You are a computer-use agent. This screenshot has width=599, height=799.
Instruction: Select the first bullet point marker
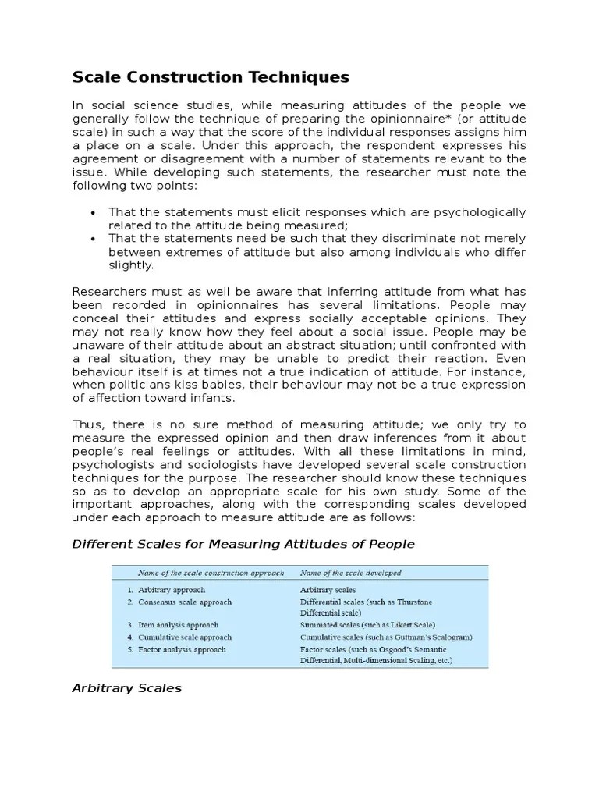tap(93, 213)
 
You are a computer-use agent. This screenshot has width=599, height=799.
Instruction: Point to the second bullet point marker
tap(93, 239)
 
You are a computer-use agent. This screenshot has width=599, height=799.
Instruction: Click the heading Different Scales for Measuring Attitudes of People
tap(243, 543)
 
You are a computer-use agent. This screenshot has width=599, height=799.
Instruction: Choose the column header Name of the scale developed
tap(351, 573)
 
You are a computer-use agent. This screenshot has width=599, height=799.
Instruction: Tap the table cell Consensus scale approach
tap(185, 602)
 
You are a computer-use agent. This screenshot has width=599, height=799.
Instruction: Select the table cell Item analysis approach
tap(178, 625)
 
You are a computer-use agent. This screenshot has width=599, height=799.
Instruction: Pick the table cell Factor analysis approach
tap(182, 649)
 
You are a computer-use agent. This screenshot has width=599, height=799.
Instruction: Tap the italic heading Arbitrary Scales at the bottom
tap(126, 688)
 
